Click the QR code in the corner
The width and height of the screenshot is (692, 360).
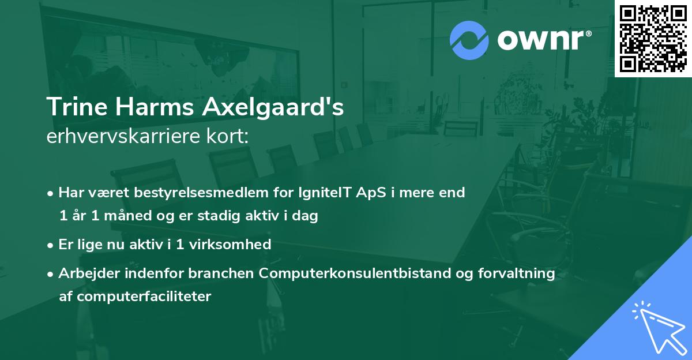pos(653,38)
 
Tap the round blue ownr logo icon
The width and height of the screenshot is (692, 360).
pos(469,40)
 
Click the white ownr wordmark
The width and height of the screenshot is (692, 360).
pos(543,40)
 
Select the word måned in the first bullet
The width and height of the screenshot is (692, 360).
pos(129,216)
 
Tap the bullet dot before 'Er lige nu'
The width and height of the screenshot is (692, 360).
pos(51,245)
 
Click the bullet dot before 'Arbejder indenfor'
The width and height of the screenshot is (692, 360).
pos(51,274)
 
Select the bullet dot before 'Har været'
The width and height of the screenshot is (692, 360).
pos(51,193)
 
